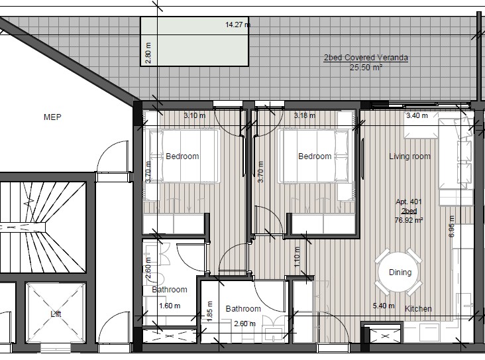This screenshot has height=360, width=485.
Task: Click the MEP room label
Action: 52,117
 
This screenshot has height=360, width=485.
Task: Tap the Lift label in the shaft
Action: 56,314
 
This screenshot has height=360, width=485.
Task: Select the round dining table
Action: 399,272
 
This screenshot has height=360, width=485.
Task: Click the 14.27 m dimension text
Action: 238,25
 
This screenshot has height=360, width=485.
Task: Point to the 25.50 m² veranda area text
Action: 366,67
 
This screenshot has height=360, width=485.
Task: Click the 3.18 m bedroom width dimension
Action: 305,116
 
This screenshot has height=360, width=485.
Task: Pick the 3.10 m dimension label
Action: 195,116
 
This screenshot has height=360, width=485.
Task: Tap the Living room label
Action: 410,156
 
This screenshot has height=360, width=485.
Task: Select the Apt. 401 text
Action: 409,202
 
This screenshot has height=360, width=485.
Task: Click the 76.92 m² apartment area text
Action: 409,220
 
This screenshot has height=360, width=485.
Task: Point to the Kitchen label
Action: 418,308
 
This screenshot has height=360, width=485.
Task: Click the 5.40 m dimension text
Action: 384,306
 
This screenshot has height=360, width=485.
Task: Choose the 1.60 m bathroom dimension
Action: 170,306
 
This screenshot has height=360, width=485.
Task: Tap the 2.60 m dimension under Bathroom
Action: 244,324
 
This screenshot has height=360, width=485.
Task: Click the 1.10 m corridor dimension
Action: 297,257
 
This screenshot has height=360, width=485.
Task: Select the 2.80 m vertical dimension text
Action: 148,53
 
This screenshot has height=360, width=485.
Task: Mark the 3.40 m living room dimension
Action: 417,116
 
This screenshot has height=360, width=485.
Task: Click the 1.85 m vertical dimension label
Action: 209,311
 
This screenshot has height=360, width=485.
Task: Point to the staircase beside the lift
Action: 42,227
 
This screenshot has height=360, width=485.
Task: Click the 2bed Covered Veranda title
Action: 366,58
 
